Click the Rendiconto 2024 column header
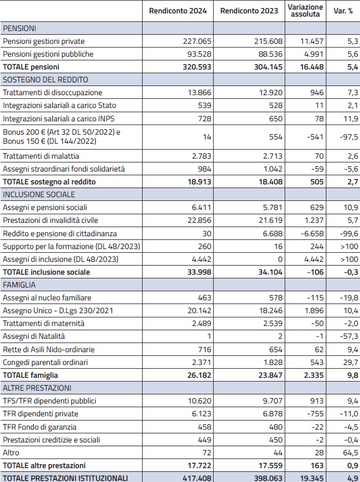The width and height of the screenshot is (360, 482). tap(178, 11)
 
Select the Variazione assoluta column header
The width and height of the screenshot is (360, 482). tap(306, 11)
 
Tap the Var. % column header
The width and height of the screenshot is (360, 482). tap(343, 11)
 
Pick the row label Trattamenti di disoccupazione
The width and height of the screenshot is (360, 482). tap(52, 92)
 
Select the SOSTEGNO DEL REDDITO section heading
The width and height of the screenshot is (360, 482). tap(45, 80)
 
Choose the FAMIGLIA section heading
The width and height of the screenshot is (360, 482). tap(19, 285)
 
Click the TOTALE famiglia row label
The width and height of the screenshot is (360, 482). tap(30, 375)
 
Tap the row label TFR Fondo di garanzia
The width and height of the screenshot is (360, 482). tap(40, 426)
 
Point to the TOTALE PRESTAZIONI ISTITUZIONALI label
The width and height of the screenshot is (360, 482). tap(65, 477)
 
